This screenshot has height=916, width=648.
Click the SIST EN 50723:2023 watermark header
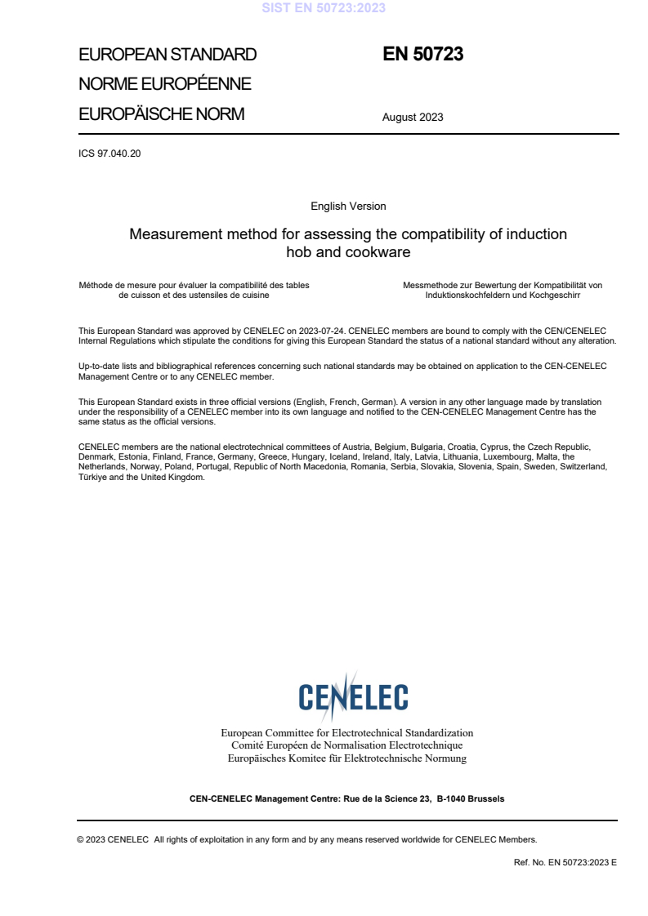(x=324, y=8)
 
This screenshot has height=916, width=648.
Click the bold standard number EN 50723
(x=422, y=55)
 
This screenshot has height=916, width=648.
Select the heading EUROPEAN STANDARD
(x=168, y=55)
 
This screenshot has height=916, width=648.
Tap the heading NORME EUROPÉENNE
(x=164, y=85)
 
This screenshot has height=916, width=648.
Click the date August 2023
(x=413, y=117)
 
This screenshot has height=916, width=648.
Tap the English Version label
(x=348, y=207)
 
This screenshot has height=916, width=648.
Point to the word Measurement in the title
(x=174, y=234)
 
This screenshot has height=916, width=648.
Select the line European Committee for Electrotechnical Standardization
(x=347, y=733)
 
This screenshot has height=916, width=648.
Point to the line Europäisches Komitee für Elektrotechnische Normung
(x=347, y=758)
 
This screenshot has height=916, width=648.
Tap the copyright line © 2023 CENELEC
(x=111, y=839)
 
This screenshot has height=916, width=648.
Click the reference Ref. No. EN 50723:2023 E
(x=565, y=861)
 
